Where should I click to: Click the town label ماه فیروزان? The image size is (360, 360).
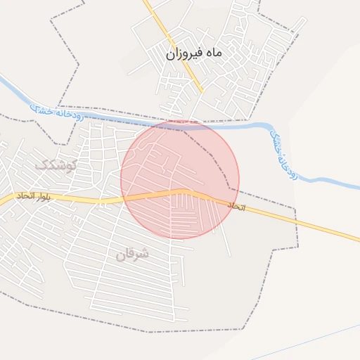click(194, 53)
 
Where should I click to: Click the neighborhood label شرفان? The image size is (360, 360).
click(133, 254)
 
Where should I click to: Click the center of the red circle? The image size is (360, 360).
click(180, 179)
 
